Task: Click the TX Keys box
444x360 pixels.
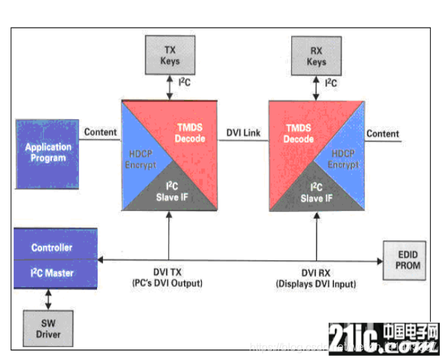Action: pyautogui.click(x=170, y=56)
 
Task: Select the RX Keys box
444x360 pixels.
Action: pyautogui.click(x=316, y=56)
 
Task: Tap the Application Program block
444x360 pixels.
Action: pyautogui.click(x=48, y=153)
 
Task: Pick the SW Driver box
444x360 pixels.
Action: pyautogui.click(x=48, y=329)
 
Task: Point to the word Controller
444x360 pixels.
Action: pyautogui.click(x=51, y=247)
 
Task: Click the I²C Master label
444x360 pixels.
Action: pyautogui.click(x=53, y=272)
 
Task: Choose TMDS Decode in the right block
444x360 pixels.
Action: pyautogui.click(x=298, y=132)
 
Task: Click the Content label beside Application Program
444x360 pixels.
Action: pyautogui.click(x=100, y=132)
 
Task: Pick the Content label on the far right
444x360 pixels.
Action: pyautogui.click(x=382, y=134)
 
